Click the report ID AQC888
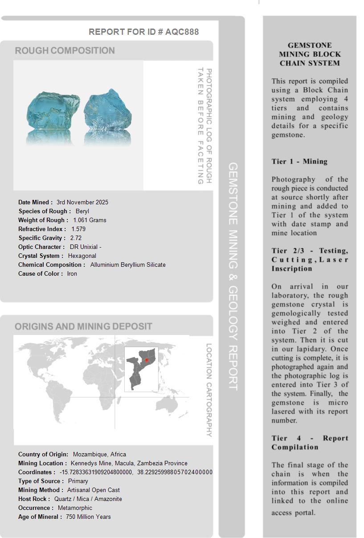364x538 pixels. point(182,32)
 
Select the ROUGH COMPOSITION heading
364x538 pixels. point(65,50)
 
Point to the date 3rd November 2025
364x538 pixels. point(82,202)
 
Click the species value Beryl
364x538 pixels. point(82,211)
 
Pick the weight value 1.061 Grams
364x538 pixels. point(90,220)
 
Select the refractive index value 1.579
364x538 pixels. point(78,229)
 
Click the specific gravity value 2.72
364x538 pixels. point(76,238)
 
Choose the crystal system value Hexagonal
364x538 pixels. point(82,256)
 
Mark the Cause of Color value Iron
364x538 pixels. point(72,273)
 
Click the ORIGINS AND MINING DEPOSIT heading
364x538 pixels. point(83,327)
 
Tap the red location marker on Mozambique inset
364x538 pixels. point(147,360)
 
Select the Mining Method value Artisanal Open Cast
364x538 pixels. point(94,490)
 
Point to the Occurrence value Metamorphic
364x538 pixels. point(75,508)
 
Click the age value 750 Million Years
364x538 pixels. point(88,517)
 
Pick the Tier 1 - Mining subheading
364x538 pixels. point(299,161)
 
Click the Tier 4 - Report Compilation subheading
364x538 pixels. point(310,443)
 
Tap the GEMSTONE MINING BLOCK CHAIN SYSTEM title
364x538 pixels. point(310,54)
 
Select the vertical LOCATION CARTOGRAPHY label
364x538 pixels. point(209,390)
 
